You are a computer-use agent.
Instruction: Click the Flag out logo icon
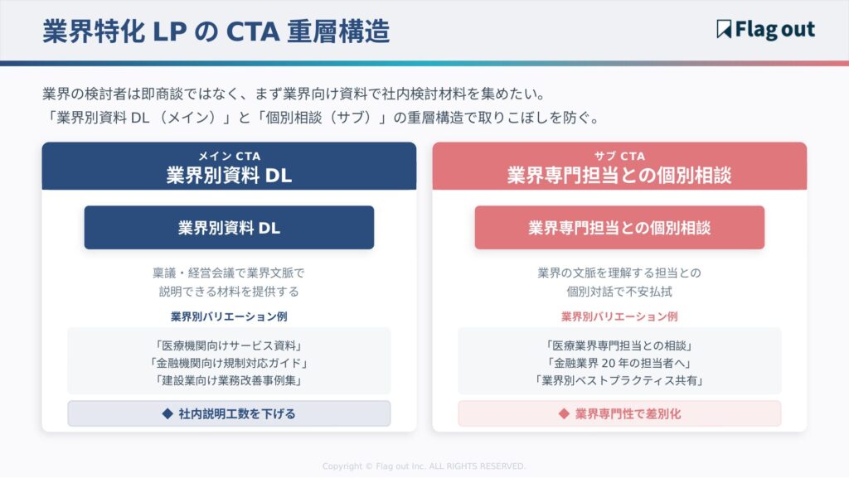pyautogui.click(x=724, y=30)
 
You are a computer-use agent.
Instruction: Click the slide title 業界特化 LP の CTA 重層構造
pyautogui.click(x=216, y=31)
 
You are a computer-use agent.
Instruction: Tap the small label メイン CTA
pyautogui.click(x=229, y=156)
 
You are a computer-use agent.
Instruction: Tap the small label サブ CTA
pyautogui.click(x=619, y=156)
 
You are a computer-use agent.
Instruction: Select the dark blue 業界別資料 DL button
pyautogui.click(x=229, y=228)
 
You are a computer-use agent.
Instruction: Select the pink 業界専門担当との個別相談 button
pyautogui.click(x=619, y=228)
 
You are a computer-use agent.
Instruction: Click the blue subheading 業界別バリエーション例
pyautogui.click(x=229, y=316)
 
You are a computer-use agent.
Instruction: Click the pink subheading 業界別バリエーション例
pyautogui.click(x=619, y=316)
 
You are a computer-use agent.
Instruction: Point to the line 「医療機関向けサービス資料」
pyautogui.click(x=229, y=345)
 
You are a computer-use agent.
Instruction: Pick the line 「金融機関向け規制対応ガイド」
pyautogui.click(x=229, y=363)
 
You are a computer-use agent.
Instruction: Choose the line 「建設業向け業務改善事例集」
pyautogui.click(x=229, y=380)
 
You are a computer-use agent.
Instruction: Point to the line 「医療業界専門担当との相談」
pyautogui.click(x=619, y=345)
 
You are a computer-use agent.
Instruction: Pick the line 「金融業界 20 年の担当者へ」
pyautogui.click(x=619, y=363)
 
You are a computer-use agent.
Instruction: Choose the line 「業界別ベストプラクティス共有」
pyautogui.click(x=619, y=380)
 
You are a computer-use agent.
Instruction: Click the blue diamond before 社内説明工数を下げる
pyautogui.click(x=167, y=413)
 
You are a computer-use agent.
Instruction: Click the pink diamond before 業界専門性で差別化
pyautogui.click(x=564, y=413)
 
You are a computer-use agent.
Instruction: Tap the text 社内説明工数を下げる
pyautogui.click(x=237, y=413)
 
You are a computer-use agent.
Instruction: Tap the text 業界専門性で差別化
pyautogui.click(x=628, y=413)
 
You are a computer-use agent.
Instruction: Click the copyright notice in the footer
pyautogui.click(x=424, y=466)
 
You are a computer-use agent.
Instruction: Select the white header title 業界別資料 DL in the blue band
pyautogui.click(x=229, y=175)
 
